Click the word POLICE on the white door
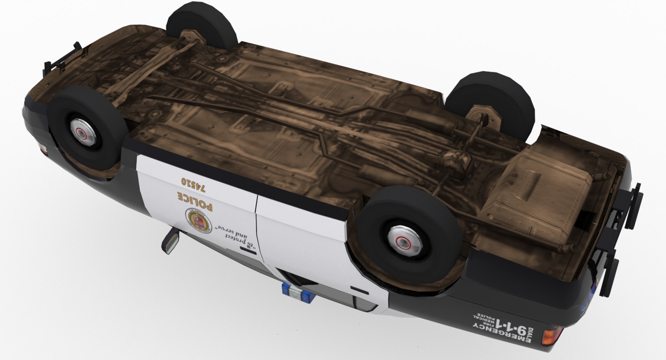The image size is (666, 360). click(x=195, y=202)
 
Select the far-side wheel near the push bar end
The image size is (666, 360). click(x=202, y=26)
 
